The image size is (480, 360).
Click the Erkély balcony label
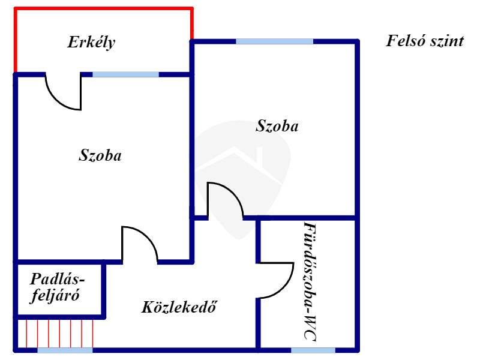91,43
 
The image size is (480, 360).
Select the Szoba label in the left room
100,155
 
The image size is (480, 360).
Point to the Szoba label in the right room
277,126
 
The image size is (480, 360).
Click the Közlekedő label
179,308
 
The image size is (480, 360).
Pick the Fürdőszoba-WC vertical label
309,281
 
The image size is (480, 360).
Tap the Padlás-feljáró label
57,287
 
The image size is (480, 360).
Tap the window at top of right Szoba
274,41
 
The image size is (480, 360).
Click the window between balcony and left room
125,74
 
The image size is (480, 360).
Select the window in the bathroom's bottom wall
309,350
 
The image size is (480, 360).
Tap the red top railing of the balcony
103,8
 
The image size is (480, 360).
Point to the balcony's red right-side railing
192,24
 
